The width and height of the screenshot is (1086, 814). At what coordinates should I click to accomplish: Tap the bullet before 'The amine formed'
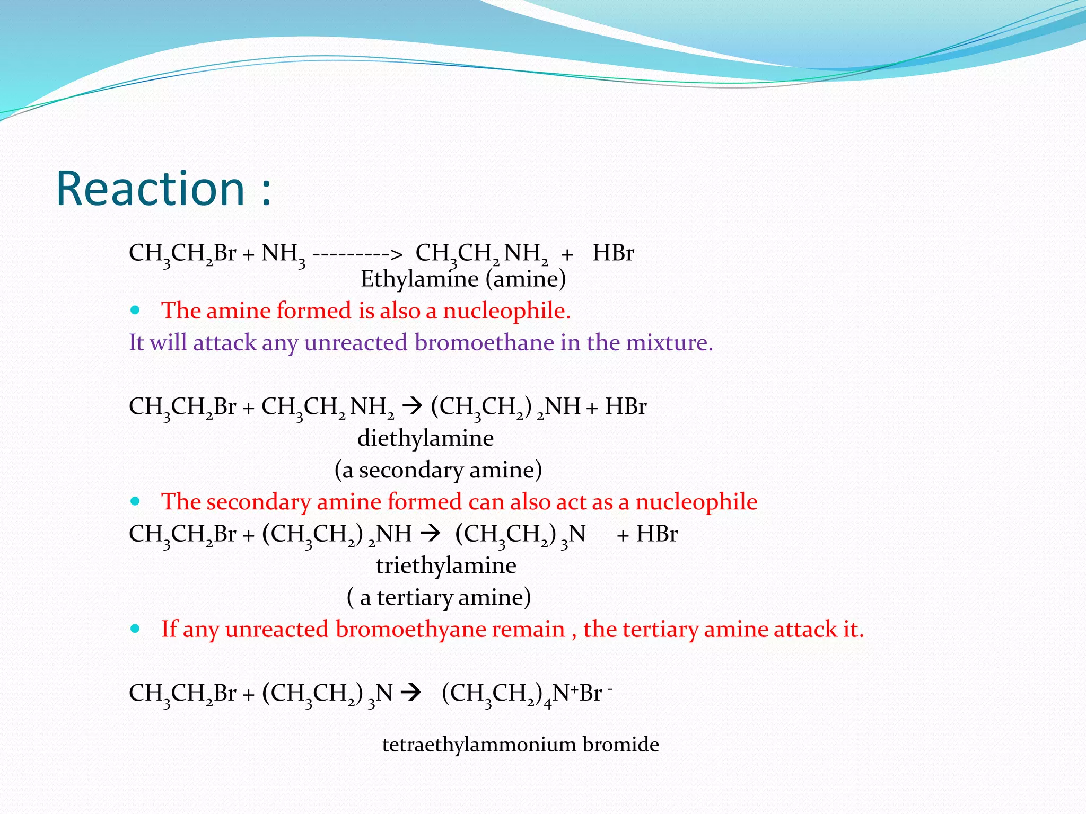135,311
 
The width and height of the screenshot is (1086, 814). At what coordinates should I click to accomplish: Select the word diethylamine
425,438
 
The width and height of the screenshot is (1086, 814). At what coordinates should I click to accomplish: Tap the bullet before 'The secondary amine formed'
135,501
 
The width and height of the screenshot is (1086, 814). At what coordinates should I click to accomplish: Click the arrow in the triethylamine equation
430,534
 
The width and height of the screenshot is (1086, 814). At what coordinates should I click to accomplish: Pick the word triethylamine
446,565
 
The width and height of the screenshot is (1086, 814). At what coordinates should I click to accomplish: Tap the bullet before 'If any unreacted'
135,629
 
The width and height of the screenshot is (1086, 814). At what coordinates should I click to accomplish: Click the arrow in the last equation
411,693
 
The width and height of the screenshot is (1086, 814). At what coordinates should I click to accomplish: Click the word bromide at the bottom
620,745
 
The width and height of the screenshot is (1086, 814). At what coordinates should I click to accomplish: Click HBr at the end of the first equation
613,253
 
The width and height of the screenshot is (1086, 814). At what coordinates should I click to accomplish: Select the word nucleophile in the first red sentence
506,311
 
